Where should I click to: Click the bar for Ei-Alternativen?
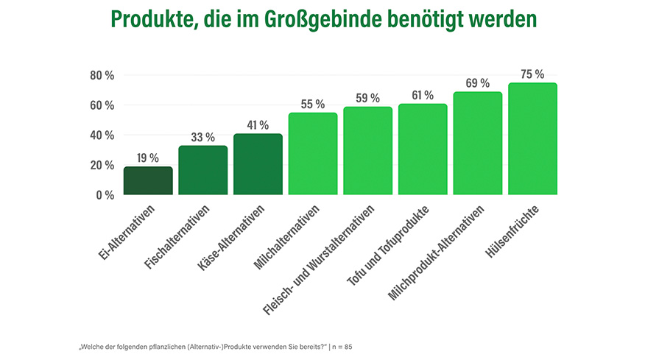[148, 181]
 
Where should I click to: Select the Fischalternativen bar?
[202, 170]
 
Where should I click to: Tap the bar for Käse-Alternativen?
[258, 164]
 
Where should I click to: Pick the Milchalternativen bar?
[313, 154]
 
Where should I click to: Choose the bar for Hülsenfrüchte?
[532, 139]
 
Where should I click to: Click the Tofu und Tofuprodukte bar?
[423, 149]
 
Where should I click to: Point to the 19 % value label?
[148, 158]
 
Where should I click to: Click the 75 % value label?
[532, 74]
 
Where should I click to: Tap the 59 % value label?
[367, 98]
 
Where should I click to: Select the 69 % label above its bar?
[477, 83]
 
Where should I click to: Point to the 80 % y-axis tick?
[102, 75]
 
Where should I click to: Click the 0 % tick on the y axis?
[105, 195]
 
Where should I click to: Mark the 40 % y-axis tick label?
[102, 135]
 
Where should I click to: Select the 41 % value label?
[258, 125]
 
